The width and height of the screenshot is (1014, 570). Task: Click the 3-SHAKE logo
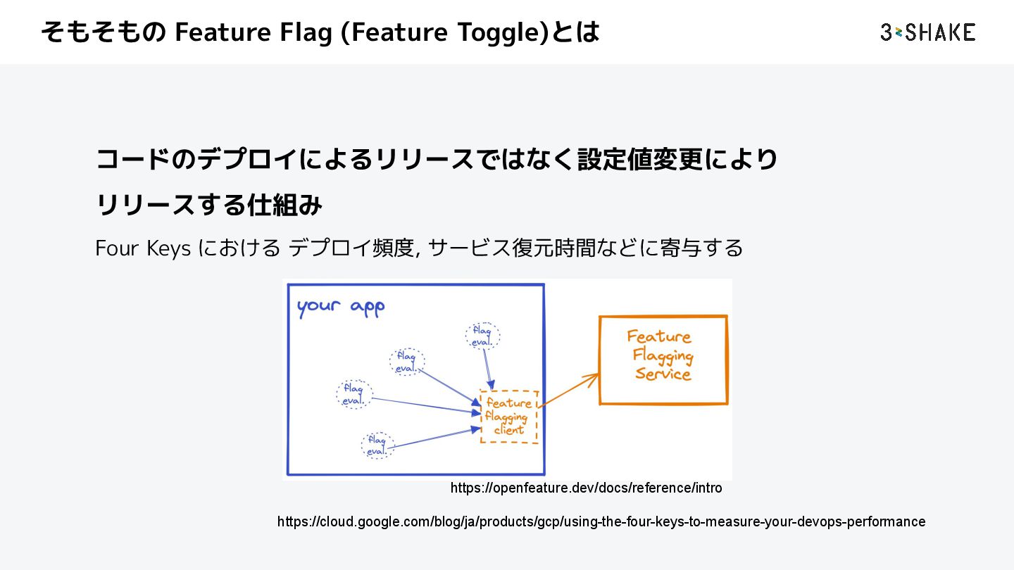927,32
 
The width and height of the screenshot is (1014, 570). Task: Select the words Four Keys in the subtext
143,248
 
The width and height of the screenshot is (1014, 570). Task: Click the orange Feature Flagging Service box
663,360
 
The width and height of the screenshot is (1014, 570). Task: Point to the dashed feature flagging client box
508,417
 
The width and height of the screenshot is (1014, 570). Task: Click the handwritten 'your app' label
340,308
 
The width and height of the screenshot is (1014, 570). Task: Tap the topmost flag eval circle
483,336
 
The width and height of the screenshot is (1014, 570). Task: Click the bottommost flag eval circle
377,446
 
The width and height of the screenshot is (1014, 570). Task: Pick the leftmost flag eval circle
353,394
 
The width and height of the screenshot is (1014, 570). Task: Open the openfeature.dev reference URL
586,488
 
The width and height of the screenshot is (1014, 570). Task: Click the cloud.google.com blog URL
601,521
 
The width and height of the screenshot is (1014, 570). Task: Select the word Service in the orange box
663,374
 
